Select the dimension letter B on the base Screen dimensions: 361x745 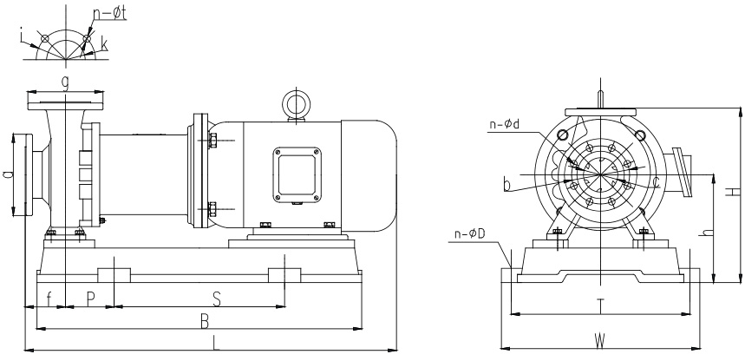(205, 320)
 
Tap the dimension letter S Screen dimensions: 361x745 (217, 298)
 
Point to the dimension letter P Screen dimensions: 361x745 (90, 298)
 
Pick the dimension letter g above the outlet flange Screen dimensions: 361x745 (65, 81)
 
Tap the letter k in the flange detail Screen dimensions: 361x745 (104, 42)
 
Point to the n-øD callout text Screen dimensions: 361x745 (469, 233)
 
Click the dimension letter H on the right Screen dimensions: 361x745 (733, 192)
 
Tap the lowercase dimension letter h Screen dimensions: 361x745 (708, 232)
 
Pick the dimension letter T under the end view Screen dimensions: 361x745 (599, 305)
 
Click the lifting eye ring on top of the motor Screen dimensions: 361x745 (296, 104)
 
